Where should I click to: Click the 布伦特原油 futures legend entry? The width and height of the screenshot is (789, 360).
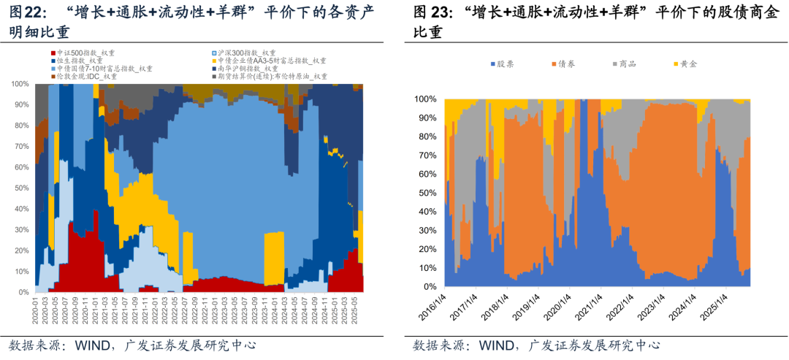pos(270,76)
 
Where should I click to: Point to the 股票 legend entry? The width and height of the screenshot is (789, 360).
pos(505,64)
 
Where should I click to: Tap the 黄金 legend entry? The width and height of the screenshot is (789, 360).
pos(687,64)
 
